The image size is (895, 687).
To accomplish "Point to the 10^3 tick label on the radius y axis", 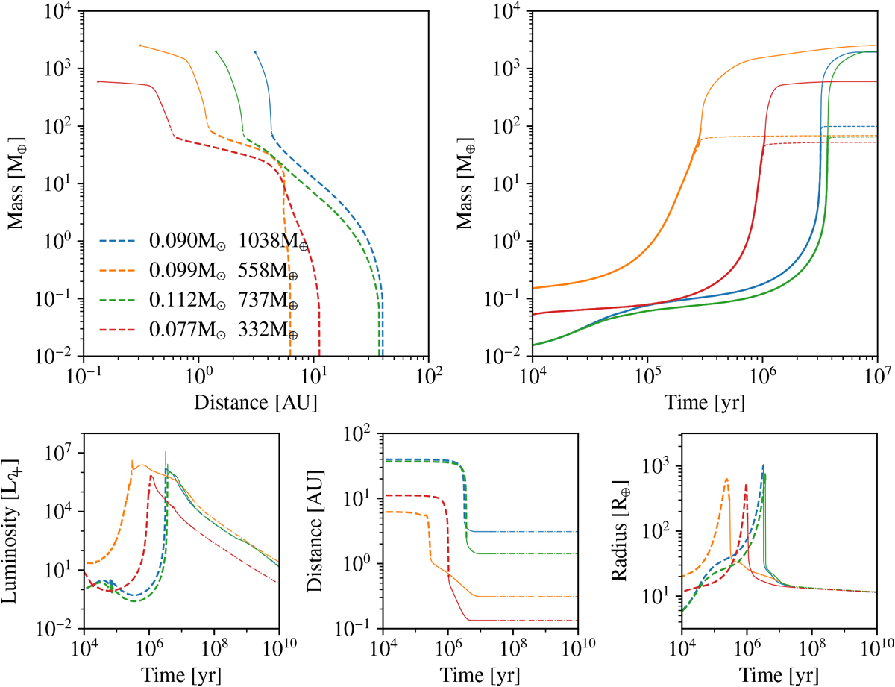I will [x=659, y=466].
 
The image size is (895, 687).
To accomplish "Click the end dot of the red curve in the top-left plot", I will [x=98, y=81].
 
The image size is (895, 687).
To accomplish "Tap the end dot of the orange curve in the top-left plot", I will [x=140, y=46].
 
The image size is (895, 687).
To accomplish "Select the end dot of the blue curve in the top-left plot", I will [x=255, y=52].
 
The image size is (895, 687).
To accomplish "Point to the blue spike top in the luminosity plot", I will [x=166, y=452].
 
